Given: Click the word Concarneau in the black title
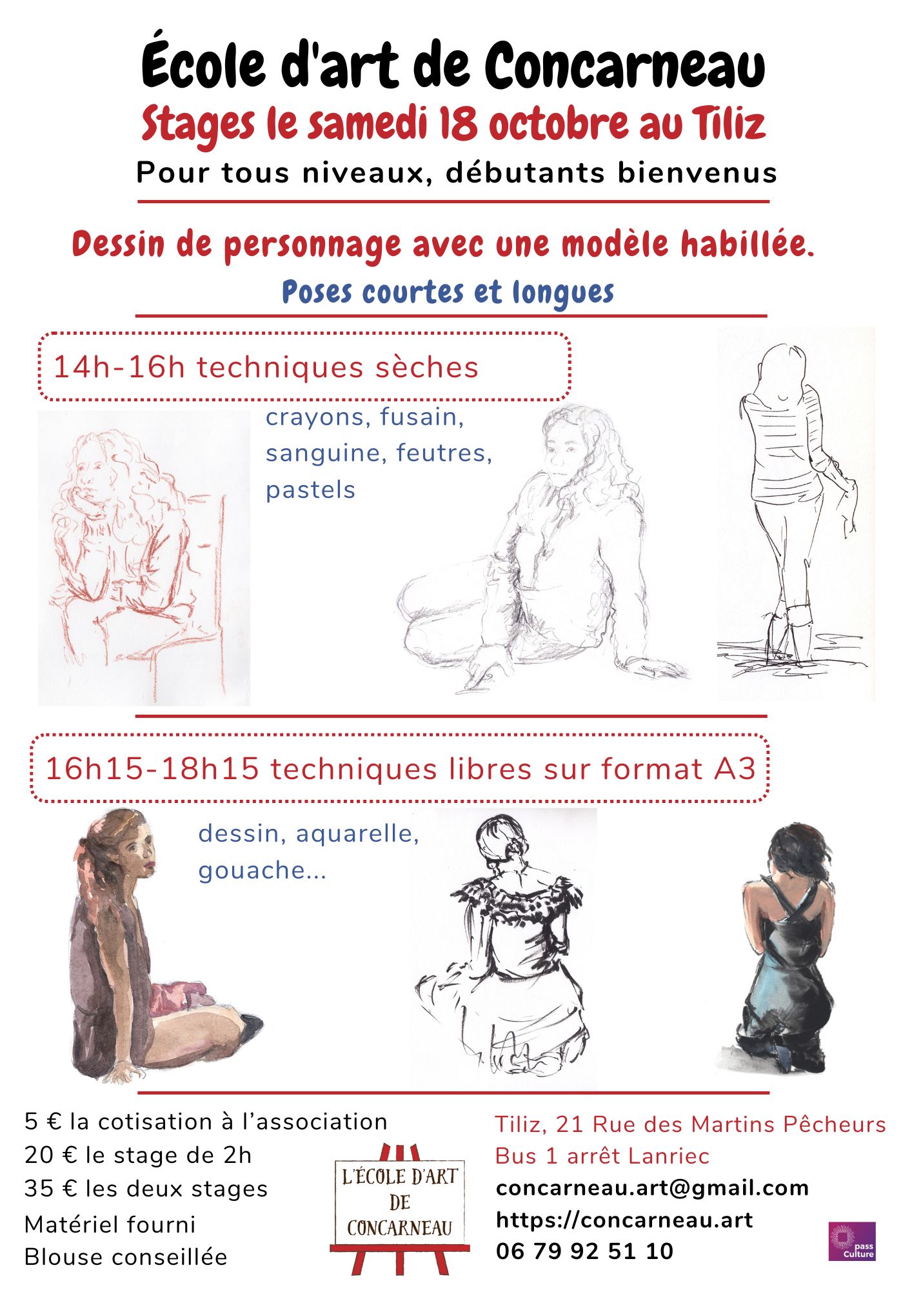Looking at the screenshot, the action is [x=625, y=66].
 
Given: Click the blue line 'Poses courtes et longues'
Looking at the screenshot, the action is [x=448, y=293].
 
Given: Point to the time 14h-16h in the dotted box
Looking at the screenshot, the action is [x=119, y=368].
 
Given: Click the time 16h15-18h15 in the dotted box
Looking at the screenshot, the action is [x=152, y=769].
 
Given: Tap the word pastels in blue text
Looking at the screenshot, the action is [x=310, y=491].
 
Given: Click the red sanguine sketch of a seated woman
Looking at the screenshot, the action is [x=144, y=558].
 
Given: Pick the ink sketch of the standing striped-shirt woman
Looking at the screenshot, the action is [x=796, y=513].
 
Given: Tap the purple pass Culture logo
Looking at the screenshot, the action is [x=851, y=1241].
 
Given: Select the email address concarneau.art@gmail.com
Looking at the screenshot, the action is [x=652, y=1188].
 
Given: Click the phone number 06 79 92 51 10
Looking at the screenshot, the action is [x=584, y=1251].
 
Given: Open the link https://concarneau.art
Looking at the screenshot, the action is [x=624, y=1220].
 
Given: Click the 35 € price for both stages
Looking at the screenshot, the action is [x=42, y=1189].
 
